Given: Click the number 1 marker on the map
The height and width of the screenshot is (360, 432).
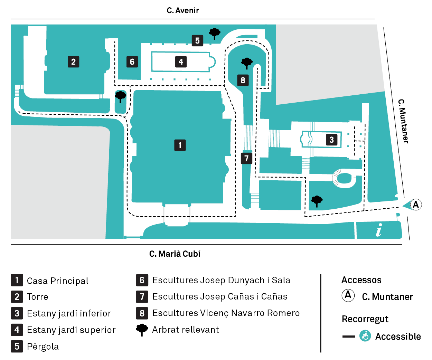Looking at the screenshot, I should tap(180, 145).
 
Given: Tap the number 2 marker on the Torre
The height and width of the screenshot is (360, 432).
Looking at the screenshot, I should tap(73, 62).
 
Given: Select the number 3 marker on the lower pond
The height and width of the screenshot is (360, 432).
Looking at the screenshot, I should tap(331, 140).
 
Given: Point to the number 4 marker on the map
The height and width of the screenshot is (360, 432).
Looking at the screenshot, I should tap(181, 62).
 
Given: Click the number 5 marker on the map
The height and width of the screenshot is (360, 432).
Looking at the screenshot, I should tap(197, 40).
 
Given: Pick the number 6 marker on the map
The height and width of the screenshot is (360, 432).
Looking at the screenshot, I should tap(132, 62).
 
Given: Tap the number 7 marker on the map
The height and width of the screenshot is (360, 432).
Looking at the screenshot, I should tap(246, 159).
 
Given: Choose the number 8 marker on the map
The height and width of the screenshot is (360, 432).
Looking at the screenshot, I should tap(243, 80).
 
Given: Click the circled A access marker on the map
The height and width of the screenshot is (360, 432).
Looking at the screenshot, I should tap(416, 205).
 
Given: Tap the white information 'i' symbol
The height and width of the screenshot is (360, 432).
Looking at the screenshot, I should tap(379, 230).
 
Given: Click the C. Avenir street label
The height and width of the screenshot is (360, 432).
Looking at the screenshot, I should tap(183, 11).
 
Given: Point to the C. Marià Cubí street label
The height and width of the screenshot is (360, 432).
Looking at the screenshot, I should tap(175, 254).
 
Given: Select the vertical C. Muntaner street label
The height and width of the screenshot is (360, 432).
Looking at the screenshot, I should tap(403, 121).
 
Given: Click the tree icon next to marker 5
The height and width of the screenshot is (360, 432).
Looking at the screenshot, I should tap(215, 34).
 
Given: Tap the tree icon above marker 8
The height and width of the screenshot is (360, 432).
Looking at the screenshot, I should tap(247, 63).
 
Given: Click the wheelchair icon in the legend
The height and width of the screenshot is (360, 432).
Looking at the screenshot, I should tap(365, 336).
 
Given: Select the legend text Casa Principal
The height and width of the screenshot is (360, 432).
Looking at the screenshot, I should tap(58, 281).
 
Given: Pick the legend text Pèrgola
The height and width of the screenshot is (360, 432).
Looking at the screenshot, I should tap(43, 347).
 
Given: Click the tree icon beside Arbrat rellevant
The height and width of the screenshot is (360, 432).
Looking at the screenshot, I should tap(142, 330).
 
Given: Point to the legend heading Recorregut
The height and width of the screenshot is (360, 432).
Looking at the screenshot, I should tap(365, 319).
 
